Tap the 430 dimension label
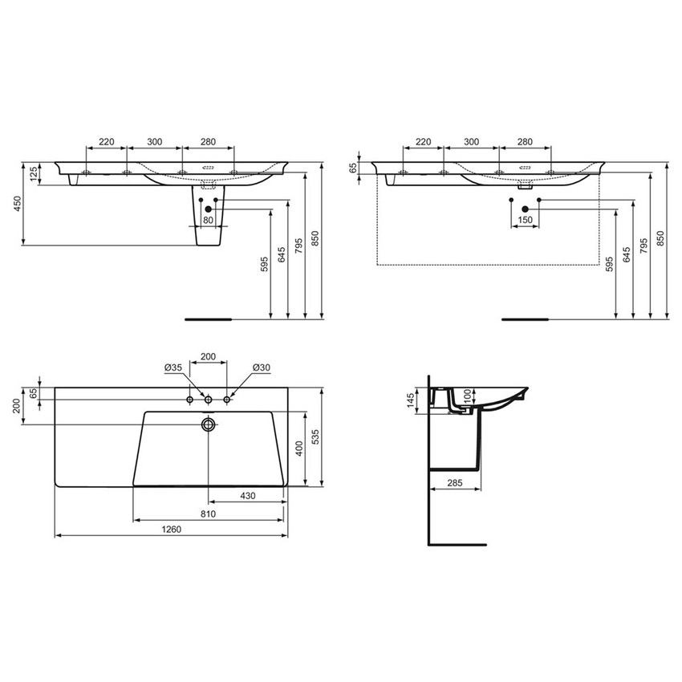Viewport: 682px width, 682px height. (x=247, y=497)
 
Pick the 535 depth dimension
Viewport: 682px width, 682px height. (x=318, y=436)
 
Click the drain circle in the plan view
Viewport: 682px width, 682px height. (x=209, y=424)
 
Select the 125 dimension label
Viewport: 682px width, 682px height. (x=34, y=174)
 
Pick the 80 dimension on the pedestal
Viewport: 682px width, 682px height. (x=208, y=220)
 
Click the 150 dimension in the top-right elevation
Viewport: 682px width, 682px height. (x=525, y=220)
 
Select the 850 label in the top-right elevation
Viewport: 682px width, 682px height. (x=661, y=239)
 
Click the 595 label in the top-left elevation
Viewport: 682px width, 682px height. (x=264, y=264)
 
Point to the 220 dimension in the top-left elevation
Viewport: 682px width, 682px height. (x=106, y=142)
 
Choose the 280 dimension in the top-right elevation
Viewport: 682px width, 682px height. (x=525, y=142)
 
